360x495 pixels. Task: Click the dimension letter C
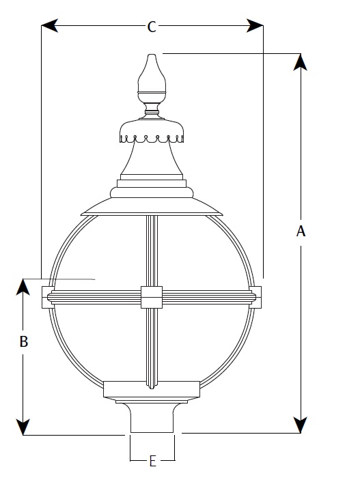click(152, 27)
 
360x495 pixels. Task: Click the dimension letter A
click(301, 231)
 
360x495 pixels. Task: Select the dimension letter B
click(24, 341)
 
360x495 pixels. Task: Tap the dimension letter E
click(152, 462)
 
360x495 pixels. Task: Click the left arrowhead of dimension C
click(50, 25)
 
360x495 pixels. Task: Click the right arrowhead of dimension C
click(255, 25)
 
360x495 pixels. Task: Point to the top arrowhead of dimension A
click(301, 62)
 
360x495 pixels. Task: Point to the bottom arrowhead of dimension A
click(301, 425)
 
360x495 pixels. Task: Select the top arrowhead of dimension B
click(23, 287)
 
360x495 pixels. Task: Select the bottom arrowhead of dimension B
click(23, 427)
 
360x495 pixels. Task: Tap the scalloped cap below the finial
click(152, 130)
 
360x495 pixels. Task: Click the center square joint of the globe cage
click(152, 297)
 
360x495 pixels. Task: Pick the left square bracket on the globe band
click(47, 297)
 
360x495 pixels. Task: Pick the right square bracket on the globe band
click(255, 297)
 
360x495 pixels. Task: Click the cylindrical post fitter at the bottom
click(152, 418)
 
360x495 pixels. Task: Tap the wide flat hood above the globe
click(152, 207)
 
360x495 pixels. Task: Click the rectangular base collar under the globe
click(152, 389)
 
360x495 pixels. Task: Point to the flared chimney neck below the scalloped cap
click(152, 158)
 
